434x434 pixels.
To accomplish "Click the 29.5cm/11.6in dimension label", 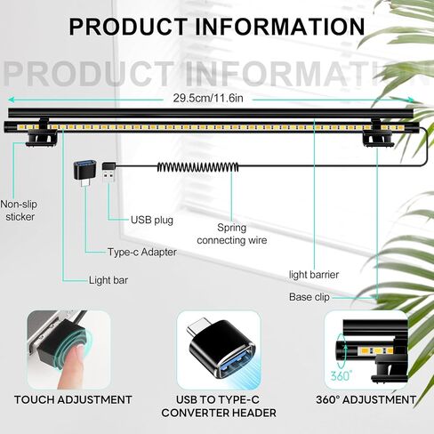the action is click(x=208, y=98).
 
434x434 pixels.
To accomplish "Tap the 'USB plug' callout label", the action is click(x=152, y=220).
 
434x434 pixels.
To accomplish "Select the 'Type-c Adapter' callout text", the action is click(x=142, y=253).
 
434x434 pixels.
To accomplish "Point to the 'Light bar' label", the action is click(x=108, y=280).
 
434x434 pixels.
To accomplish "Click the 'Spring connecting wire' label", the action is click(x=232, y=234).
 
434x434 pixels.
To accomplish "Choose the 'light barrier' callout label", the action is click(x=314, y=275).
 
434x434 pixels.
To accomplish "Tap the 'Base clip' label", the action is click(x=309, y=297).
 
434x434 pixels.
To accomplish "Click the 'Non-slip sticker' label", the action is click(x=20, y=211).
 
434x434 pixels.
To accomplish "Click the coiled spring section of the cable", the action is click(x=197, y=167).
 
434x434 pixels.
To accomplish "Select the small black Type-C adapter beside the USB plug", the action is click(x=84, y=173).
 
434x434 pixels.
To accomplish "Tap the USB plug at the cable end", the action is click(x=108, y=172).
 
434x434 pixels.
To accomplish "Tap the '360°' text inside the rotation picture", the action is click(x=342, y=376).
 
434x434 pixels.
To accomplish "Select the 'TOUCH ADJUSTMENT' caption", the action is click(x=73, y=400).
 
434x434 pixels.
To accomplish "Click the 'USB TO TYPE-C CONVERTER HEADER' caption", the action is click(x=219, y=406).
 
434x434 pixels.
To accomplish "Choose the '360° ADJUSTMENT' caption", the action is click(x=366, y=400).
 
